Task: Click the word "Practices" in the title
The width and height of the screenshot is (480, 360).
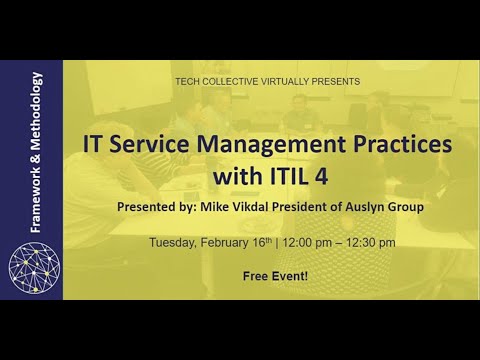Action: coord(398,143)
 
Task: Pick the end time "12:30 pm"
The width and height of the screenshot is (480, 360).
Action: coord(375,242)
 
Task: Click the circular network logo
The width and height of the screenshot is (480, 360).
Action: coord(35,265)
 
